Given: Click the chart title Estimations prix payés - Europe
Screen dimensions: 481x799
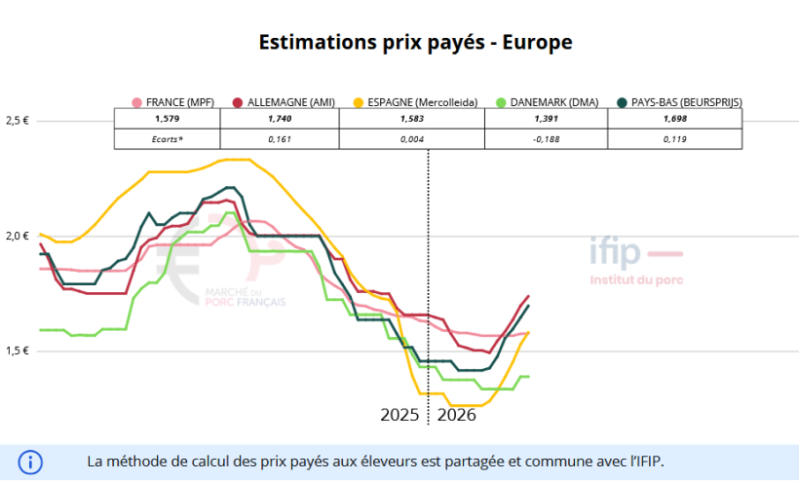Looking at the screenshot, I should (x=415, y=43).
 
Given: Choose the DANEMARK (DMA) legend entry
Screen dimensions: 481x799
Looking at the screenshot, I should (x=549, y=102).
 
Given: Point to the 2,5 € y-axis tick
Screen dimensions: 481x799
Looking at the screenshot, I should (x=18, y=121).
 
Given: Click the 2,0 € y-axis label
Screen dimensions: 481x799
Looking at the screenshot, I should (x=18, y=236).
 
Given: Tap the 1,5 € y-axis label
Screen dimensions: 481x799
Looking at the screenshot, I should (x=18, y=351).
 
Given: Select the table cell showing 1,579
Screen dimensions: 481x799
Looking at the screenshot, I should (x=168, y=119).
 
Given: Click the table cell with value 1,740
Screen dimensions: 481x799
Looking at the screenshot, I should (x=280, y=119).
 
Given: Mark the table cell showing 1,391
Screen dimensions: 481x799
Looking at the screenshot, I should (x=547, y=119).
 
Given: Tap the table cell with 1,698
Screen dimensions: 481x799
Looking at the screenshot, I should (x=675, y=119).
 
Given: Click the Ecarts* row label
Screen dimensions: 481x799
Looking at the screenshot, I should (x=168, y=139).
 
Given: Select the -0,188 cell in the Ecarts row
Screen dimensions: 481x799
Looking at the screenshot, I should (x=547, y=139).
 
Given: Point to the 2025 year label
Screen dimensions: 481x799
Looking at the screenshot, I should (x=399, y=415).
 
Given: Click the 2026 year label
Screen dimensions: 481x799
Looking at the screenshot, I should (x=456, y=415).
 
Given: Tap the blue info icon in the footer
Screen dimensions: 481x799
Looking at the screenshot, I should (x=30, y=462).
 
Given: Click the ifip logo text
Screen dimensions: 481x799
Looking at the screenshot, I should (x=616, y=253).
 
